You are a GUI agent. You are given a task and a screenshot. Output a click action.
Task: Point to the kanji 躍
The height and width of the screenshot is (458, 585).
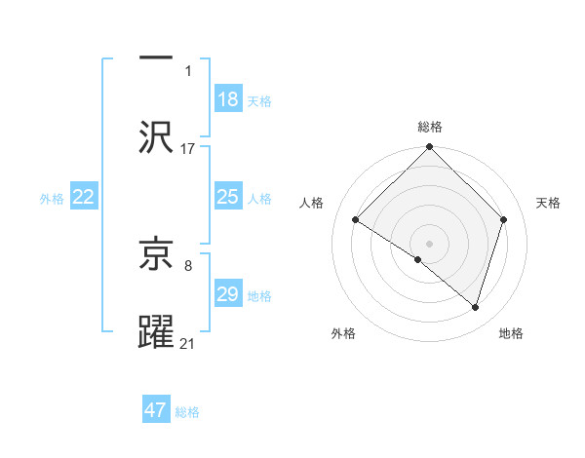pyautogui.click(x=156, y=331)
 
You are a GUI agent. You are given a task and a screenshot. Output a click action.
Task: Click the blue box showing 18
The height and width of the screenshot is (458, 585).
pyautogui.click(x=227, y=99)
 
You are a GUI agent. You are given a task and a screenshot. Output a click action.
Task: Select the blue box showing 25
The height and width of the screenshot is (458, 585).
pyautogui.click(x=227, y=198)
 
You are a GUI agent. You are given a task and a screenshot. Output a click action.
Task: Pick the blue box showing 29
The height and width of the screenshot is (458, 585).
pyautogui.click(x=227, y=295)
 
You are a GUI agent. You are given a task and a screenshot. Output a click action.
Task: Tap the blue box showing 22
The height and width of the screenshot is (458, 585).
pyautogui.click(x=84, y=198)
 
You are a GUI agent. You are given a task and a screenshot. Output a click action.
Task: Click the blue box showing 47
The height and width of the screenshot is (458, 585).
pyautogui.click(x=156, y=411)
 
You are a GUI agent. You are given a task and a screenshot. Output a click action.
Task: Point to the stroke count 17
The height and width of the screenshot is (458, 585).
pyautogui.click(x=188, y=149)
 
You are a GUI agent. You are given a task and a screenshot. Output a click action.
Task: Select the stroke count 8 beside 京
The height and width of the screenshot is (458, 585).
pyautogui.click(x=188, y=264)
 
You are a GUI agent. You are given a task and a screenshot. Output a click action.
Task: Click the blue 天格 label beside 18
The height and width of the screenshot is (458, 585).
pyautogui.click(x=259, y=100)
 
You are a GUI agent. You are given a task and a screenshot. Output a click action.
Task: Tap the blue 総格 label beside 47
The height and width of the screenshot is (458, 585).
pyautogui.click(x=187, y=412)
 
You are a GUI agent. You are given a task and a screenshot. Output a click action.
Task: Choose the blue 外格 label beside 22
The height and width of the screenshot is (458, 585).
pyautogui.click(x=52, y=199)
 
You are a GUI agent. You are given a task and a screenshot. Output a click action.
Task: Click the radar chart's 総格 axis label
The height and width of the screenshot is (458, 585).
pyautogui.click(x=429, y=127)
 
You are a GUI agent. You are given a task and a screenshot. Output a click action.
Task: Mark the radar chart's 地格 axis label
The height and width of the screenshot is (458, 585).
pyautogui.click(x=511, y=333)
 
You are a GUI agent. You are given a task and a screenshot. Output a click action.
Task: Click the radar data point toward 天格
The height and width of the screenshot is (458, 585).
pyautogui.click(x=504, y=219)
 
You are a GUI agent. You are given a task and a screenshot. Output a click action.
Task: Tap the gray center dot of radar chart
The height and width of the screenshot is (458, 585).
pyautogui.click(x=429, y=243)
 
